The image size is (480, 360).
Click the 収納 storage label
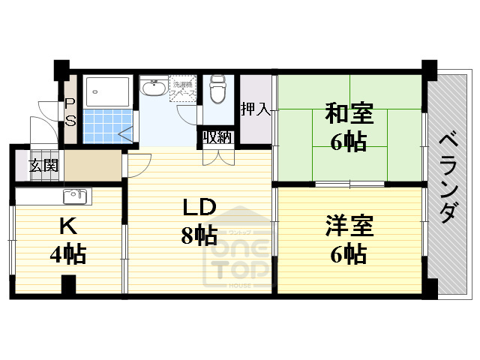[216, 138]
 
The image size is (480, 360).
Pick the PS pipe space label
[70, 113]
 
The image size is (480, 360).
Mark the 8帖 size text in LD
[198, 235]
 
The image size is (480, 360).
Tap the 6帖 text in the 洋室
[348, 254]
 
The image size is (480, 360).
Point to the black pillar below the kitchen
[68, 286]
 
